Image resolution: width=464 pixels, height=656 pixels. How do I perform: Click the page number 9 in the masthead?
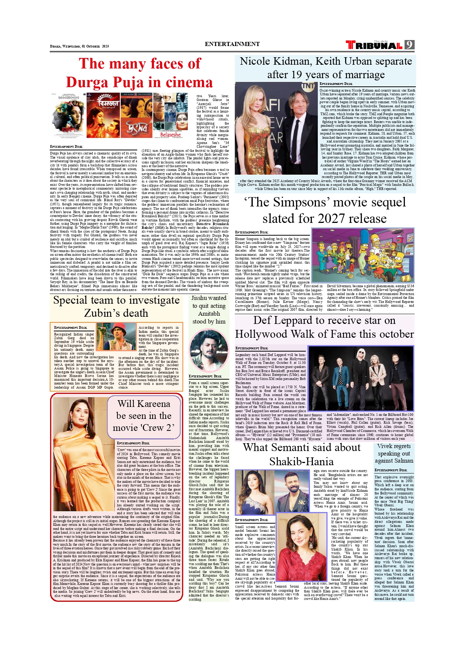click(x=409, y=45)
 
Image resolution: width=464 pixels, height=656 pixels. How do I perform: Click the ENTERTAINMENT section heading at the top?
click(x=232, y=44)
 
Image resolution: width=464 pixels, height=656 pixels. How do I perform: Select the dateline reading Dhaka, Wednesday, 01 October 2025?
click(x=79, y=46)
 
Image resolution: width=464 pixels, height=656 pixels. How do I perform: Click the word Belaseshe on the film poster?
click(x=170, y=134)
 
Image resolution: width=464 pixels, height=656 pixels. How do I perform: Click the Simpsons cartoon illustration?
click(x=363, y=255)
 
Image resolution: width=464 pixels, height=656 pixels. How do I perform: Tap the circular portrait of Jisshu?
click(x=209, y=349)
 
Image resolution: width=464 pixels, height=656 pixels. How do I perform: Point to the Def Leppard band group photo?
click(x=361, y=378)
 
